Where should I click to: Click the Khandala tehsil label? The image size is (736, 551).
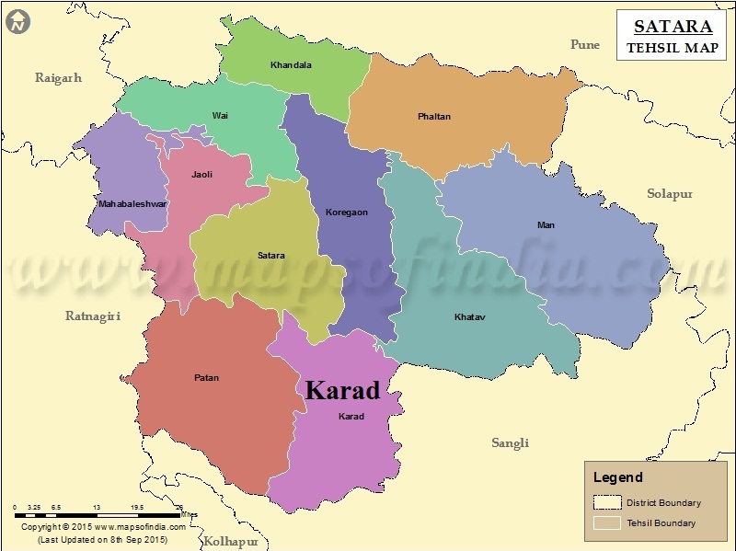[291, 65]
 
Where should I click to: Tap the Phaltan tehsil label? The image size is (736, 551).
[434, 117]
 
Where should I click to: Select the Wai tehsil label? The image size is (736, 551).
[220, 116]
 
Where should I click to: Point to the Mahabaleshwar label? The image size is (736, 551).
[132, 203]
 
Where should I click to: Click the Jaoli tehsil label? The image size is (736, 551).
[201, 174]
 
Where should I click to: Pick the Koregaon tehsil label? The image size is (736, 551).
[346, 212]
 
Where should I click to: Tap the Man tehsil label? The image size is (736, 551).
[546, 225]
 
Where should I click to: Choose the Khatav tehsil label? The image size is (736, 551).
[469, 317]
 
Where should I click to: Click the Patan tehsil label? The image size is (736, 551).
[207, 378]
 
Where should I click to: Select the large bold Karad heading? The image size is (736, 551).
[341, 391]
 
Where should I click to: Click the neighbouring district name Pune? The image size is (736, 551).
[584, 44]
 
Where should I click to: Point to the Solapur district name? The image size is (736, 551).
[669, 194]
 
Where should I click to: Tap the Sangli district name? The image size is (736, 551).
[510, 443]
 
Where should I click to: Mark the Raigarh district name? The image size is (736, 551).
[58, 78]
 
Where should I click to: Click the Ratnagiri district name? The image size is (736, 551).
[93, 316]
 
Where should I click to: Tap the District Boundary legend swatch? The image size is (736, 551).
[606, 502]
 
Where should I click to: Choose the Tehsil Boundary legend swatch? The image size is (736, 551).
[606, 523]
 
